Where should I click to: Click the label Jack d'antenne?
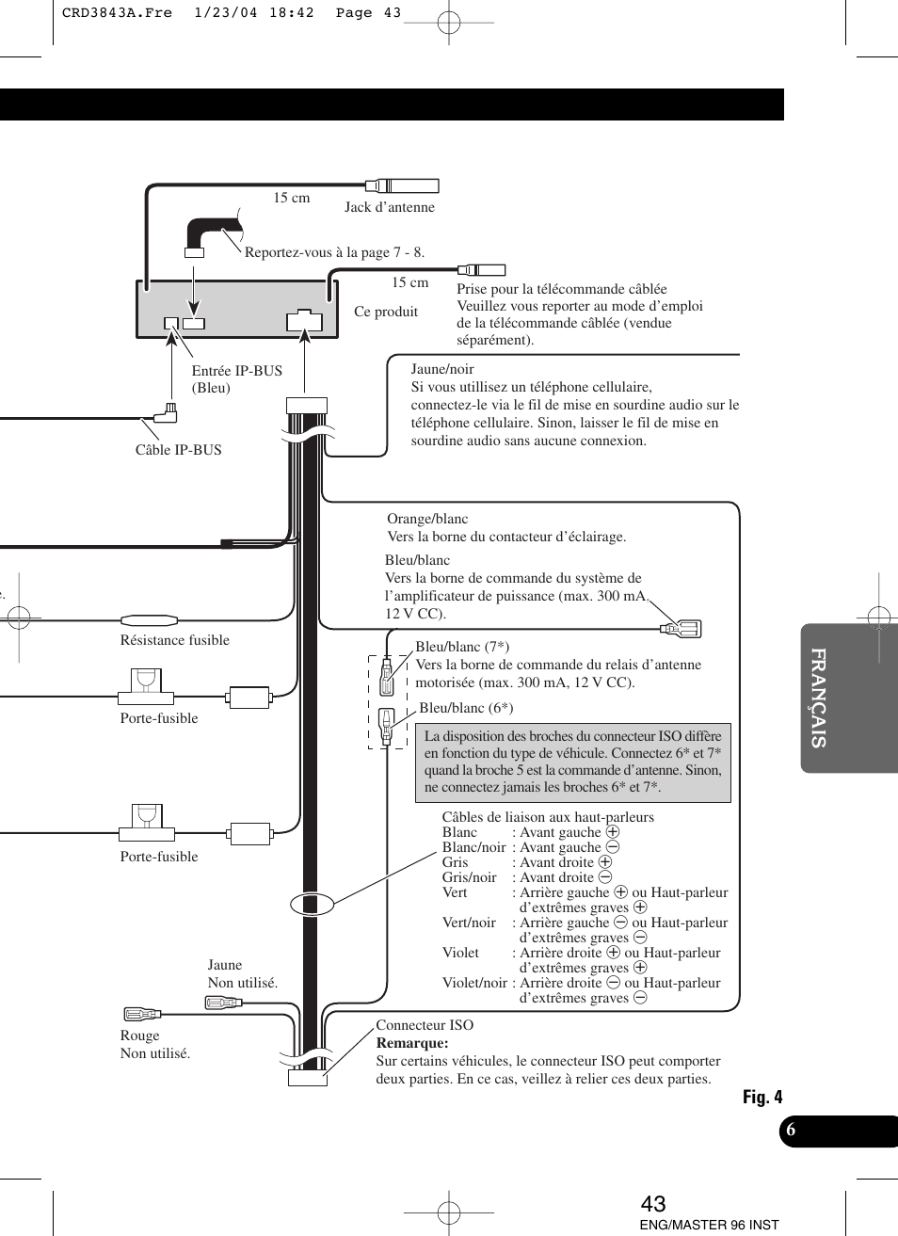(389, 207)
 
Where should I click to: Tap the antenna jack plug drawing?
(402, 185)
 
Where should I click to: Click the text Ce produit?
(386, 312)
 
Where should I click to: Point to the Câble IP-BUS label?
(178, 450)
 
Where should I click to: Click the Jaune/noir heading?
(442, 369)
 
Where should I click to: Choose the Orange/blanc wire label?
(427, 519)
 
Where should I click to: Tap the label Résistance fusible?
(174, 640)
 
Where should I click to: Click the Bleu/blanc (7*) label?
(462, 647)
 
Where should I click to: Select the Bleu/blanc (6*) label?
(466, 708)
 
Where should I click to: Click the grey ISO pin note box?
(572, 762)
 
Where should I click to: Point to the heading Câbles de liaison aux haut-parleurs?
(548, 817)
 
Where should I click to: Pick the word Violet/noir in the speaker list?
(474, 983)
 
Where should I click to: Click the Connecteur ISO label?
(425, 1025)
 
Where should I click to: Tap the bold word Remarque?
(412, 1043)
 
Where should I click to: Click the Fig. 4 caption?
(762, 1097)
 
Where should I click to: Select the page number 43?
(653, 1204)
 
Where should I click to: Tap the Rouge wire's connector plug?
(142, 1014)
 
